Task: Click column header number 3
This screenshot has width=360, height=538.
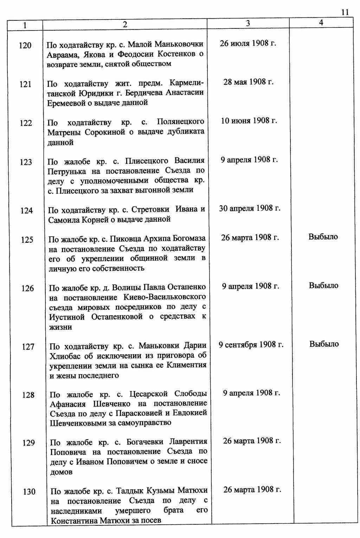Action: click(x=248, y=23)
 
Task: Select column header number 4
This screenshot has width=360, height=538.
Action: click(x=321, y=22)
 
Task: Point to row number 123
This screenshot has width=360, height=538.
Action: click(x=26, y=162)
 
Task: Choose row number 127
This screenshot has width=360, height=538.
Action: click(x=28, y=347)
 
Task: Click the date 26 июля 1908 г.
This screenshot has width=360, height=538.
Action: click(x=248, y=44)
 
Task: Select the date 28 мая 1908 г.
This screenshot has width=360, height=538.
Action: click(x=248, y=82)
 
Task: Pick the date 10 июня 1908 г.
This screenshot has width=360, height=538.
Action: click(x=249, y=121)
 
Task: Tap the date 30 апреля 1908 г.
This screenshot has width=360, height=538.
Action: click(x=250, y=208)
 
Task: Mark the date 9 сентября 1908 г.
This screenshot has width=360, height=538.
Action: click(x=251, y=345)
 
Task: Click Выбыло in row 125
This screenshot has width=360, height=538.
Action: click(x=323, y=237)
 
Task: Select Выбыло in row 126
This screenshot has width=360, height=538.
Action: click(x=323, y=285)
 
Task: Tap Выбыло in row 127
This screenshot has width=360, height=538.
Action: click(x=324, y=344)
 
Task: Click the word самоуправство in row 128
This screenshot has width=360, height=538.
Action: click(x=145, y=423)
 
